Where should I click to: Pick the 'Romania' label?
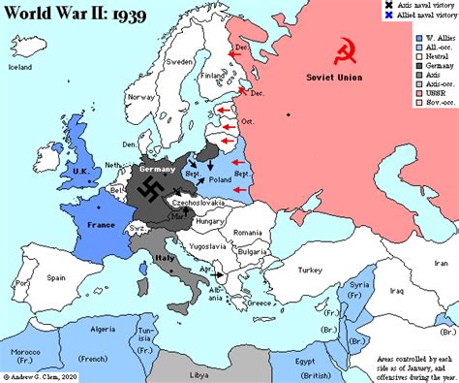(248, 233)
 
